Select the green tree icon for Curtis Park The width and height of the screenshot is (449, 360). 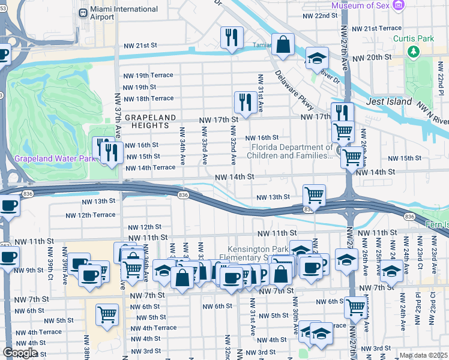point(413,52)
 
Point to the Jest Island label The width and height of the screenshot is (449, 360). point(389,101)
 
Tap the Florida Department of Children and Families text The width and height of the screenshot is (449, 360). point(292,151)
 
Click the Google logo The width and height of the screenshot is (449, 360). point(19,352)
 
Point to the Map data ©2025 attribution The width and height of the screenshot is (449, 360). point(423,355)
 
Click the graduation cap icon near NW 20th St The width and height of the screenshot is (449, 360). point(317,58)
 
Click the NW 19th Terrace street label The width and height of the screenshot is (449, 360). point(148,76)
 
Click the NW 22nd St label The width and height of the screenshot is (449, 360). point(321,16)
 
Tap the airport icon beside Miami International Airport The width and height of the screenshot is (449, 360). point(83,12)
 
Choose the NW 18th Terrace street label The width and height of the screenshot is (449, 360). point(148,98)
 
